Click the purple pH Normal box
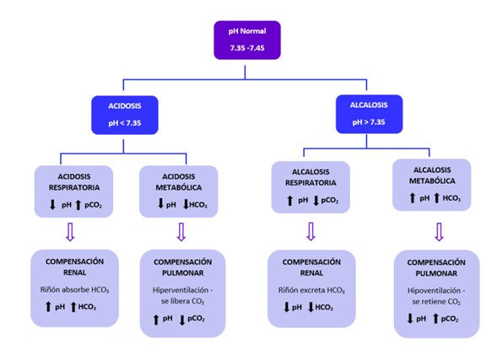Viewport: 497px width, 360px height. (247, 40)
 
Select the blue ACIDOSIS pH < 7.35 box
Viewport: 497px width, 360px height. (125, 115)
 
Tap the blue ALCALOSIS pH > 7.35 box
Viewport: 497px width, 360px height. (369, 114)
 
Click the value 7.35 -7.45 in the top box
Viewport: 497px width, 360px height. (247, 48)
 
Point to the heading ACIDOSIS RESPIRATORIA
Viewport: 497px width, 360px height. (74, 182)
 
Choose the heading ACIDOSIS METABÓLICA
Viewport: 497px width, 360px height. (178, 182)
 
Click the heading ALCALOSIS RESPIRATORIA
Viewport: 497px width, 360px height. (311, 177)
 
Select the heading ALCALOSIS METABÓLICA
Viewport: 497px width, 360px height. (432, 175)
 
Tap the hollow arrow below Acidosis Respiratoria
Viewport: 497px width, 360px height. (70, 232)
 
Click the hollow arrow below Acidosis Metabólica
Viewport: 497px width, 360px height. (181, 232)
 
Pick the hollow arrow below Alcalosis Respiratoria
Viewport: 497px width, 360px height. (311, 232)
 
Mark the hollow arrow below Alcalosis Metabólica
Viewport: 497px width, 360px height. (439, 232)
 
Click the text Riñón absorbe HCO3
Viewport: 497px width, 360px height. (74, 290)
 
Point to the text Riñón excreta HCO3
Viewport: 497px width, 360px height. (311, 290)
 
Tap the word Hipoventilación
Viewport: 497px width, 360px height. (434, 290)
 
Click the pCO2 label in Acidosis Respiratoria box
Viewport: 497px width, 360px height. (93, 205)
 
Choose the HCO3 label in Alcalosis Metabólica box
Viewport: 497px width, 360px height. (451, 198)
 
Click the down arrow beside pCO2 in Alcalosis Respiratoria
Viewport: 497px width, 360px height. (316, 201)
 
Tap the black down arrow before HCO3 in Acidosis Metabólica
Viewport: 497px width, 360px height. (186, 204)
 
